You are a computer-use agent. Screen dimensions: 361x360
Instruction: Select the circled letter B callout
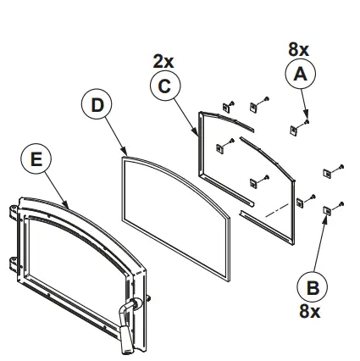point(313,286)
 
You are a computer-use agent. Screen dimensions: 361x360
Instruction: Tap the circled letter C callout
point(164,86)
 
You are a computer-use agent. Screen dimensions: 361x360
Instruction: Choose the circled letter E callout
point(36,158)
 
